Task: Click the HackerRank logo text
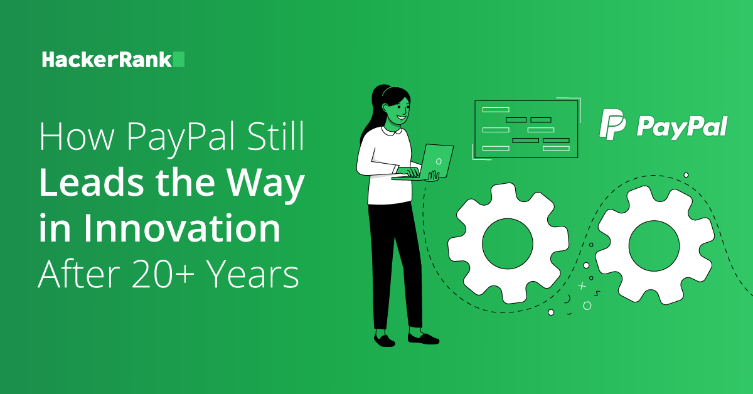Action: pos(107,60)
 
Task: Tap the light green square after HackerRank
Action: pos(179,59)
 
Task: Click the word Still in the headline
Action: pos(275,136)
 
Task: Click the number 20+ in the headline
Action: pos(163,274)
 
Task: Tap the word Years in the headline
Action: pos(252,274)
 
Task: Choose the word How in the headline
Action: pos(77,136)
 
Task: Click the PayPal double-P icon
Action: pos(612,124)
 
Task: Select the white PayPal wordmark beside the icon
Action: pos(682,127)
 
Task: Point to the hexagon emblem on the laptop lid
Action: pos(439,161)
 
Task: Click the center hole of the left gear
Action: pos(508,243)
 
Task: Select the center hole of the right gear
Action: pos(654,246)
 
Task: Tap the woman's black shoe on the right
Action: pos(423,338)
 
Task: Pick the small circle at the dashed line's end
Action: pos(686,175)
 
